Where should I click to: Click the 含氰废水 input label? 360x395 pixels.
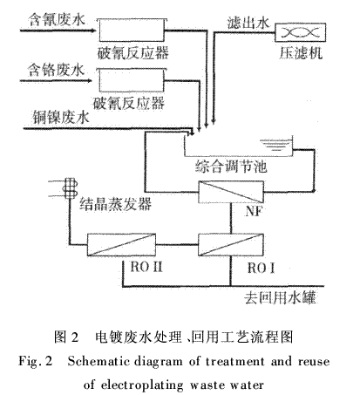click(57, 20)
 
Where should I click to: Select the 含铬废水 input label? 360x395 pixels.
click(56, 70)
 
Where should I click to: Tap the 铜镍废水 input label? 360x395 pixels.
click(61, 118)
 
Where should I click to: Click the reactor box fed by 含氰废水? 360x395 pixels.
click(132, 30)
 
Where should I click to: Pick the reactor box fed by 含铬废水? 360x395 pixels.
click(132, 80)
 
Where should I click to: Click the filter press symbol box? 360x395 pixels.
click(301, 32)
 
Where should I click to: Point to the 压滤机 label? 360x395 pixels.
click(301, 53)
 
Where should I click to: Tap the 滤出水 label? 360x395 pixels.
click(248, 23)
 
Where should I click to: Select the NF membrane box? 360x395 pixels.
click(231, 192)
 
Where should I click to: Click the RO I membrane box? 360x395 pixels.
click(231, 245)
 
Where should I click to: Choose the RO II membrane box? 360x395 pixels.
click(121, 245)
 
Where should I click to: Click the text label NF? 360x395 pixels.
click(254, 211)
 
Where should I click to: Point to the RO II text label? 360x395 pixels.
click(146, 267)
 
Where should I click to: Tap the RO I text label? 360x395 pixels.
click(261, 268)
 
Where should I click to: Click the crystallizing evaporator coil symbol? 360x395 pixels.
click(70, 188)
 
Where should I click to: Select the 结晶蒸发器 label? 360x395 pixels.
click(115, 204)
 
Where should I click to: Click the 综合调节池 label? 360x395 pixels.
click(231, 167)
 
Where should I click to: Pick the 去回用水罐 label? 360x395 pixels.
click(280, 297)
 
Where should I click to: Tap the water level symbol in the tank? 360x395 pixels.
click(275, 145)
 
